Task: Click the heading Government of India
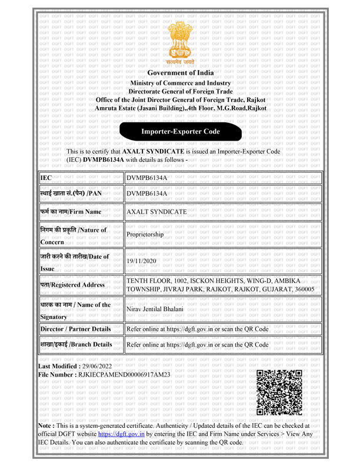click(180, 73)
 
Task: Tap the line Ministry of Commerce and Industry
click(180, 84)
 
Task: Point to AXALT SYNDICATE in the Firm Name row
click(157, 211)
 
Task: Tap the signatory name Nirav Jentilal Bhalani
click(156, 309)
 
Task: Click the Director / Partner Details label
click(75, 328)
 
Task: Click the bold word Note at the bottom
click(46, 424)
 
